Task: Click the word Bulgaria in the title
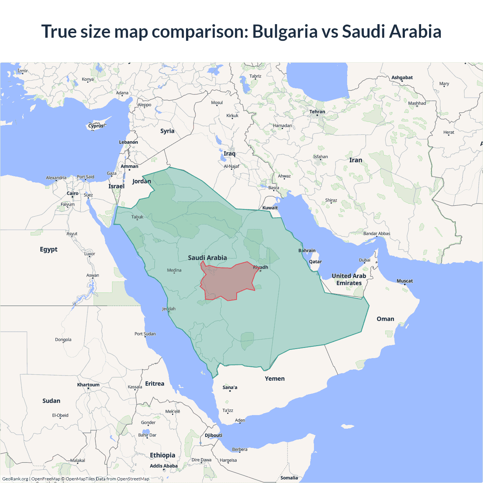(x=285, y=31)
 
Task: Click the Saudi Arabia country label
(x=207, y=258)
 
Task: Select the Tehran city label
(x=317, y=112)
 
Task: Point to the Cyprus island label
(x=96, y=126)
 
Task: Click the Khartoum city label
(x=88, y=385)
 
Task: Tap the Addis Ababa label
(x=163, y=466)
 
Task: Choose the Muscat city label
(x=405, y=281)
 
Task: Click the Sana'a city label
(x=230, y=388)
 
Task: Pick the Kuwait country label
(x=270, y=208)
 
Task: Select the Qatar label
(x=315, y=262)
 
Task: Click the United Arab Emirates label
(x=349, y=280)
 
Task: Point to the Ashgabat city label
(x=402, y=78)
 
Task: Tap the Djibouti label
(x=213, y=435)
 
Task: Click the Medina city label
(x=174, y=270)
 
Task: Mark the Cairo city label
(x=72, y=194)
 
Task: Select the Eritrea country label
(x=155, y=384)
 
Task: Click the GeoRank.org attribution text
(x=15, y=479)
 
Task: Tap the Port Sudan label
(x=145, y=334)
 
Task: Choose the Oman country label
(x=385, y=319)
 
